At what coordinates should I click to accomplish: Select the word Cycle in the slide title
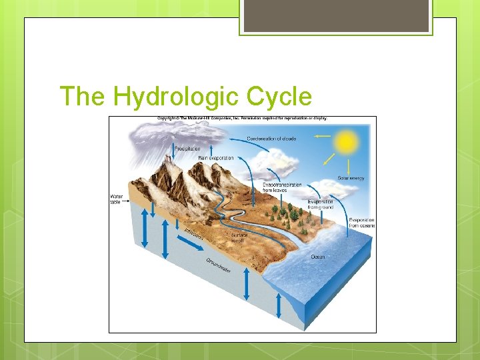[279, 97]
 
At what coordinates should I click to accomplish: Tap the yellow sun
[346, 141]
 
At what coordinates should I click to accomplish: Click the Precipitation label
[187, 149]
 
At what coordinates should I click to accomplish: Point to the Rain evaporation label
[216, 158]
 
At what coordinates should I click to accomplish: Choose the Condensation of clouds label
[271, 139]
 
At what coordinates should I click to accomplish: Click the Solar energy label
[351, 178]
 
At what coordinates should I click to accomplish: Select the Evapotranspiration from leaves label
[282, 187]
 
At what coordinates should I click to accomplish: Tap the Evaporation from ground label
[321, 204]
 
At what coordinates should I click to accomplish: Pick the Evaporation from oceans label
[362, 223]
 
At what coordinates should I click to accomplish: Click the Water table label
[116, 199]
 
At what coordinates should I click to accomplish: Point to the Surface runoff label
[239, 237]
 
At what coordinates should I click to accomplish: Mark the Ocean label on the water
[318, 257]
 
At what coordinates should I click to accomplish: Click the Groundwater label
[219, 265]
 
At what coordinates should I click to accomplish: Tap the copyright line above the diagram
[242, 119]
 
